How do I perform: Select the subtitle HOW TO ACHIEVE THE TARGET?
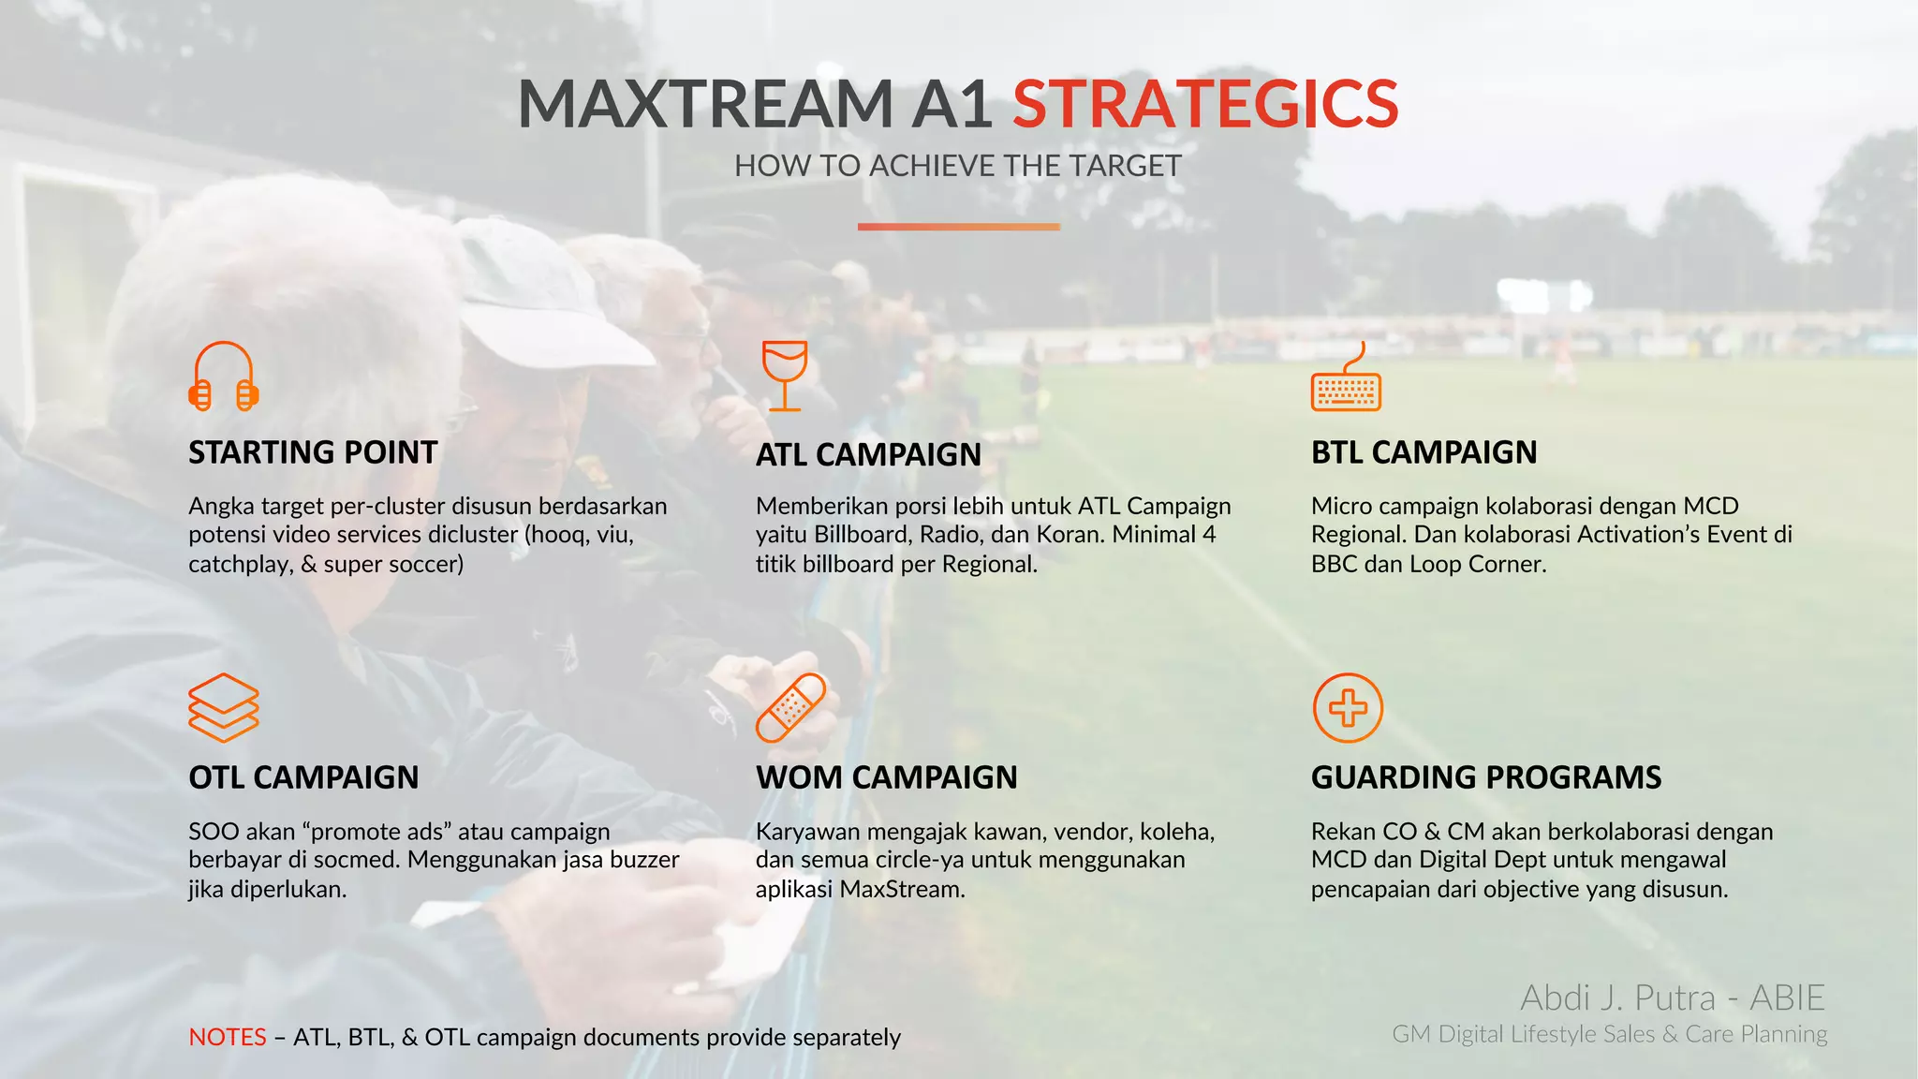(x=957, y=166)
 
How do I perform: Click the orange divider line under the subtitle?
(x=958, y=227)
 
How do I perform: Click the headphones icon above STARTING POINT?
(x=223, y=377)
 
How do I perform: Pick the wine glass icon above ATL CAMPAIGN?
(x=784, y=376)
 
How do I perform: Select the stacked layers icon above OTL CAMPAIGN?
(x=223, y=708)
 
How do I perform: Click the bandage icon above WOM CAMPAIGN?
(x=790, y=708)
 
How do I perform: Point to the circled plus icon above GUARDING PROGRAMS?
(x=1348, y=708)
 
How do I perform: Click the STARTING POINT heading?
(x=313, y=452)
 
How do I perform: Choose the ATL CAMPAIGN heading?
(x=868, y=454)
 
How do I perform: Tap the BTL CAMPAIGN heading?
(x=1424, y=452)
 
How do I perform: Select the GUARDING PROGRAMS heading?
(x=1485, y=777)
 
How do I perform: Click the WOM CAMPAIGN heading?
(x=886, y=777)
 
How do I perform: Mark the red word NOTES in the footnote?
(x=228, y=1037)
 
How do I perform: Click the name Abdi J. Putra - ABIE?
(x=1673, y=998)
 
